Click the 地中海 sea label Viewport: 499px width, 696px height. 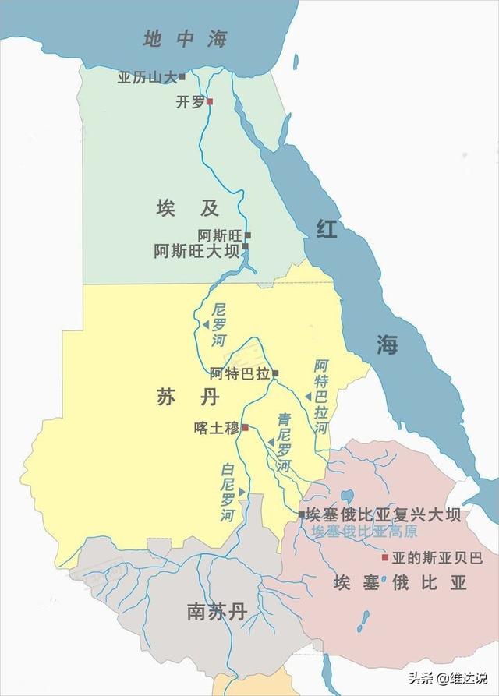point(185,39)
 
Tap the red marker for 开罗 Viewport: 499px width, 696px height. point(209,101)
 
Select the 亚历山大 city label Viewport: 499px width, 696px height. point(147,77)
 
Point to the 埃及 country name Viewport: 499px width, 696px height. point(188,208)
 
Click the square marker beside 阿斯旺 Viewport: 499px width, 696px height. point(248,235)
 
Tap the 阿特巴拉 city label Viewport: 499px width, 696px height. point(239,373)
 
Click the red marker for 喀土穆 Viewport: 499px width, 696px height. point(245,428)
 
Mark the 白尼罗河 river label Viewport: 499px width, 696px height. point(227,493)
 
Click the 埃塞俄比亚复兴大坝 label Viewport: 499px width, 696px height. point(383,515)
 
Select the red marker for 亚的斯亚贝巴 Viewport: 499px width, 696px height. point(384,558)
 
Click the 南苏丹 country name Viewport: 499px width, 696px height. point(216,612)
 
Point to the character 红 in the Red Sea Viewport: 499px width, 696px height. point(327,229)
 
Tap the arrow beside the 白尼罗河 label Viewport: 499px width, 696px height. point(242,491)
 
